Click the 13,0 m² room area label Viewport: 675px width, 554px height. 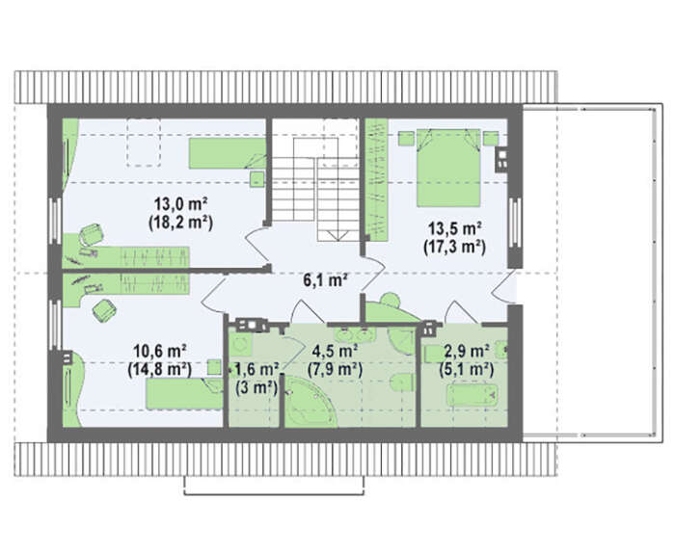click(x=181, y=203)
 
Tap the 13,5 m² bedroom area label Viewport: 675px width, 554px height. click(x=454, y=227)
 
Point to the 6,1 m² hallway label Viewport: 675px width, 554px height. click(x=326, y=280)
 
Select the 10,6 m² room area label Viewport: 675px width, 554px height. click(x=159, y=351)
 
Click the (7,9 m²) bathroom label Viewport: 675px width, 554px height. click(x=335, y=369)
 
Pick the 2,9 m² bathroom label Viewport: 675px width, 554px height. click(x=467, y=351)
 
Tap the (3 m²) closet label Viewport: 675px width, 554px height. click(x=256, y=387)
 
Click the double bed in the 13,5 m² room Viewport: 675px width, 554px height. click(x=448, y=168)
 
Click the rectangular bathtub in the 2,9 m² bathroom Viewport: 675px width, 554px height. click(x=472, y=394)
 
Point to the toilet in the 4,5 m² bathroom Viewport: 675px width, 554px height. click(x=402, y=383)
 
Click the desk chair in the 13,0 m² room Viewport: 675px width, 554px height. click(x=92, y=235)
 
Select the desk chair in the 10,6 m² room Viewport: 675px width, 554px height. click(x=104, y=310)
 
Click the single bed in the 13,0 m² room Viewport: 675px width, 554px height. click(x=228, y=153)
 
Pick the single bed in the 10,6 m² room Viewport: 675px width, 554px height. click(x=185, y=393)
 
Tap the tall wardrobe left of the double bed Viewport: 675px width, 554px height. click(x=377, y=179)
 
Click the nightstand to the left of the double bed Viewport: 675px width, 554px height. click(x=406, y=139)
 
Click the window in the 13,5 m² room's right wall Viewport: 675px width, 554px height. click(x=515, y=223)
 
